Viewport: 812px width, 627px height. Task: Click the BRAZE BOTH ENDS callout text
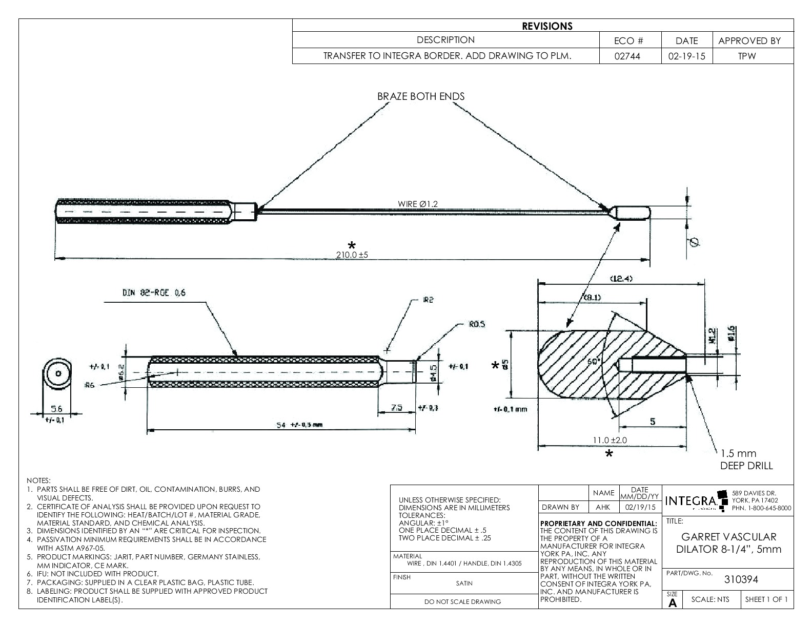tap(421, 96)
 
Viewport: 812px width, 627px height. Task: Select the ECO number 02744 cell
tap(630, 56)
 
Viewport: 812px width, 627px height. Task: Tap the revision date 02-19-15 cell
tap(686, 56)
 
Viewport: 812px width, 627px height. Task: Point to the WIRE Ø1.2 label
tap(418, 204)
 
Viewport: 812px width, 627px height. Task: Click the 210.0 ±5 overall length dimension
tap(352, 255)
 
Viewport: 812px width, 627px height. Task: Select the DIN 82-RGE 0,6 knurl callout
tap(154, 293)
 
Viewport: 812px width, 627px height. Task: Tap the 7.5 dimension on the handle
tap(397, 408)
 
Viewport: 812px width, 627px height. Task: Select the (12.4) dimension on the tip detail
tap(621, 279)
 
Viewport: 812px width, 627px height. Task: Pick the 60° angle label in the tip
tap(594, 362)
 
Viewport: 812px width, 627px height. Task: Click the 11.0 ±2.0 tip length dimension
tap(610, 440)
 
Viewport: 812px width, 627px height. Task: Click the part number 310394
tap(741, 579)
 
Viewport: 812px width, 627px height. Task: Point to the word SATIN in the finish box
tap(464, 583)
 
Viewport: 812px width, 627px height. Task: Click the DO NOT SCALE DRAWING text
tap(463, 602)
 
